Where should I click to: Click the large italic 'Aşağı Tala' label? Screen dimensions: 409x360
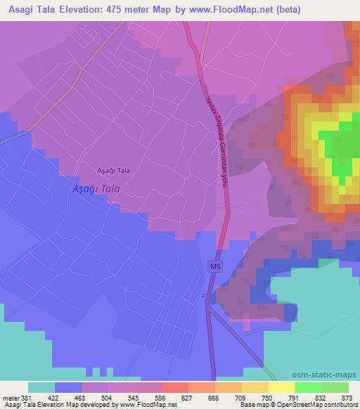point(98,189)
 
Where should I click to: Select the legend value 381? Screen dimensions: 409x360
point(27,397)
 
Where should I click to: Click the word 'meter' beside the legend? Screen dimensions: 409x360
point(11,397)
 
